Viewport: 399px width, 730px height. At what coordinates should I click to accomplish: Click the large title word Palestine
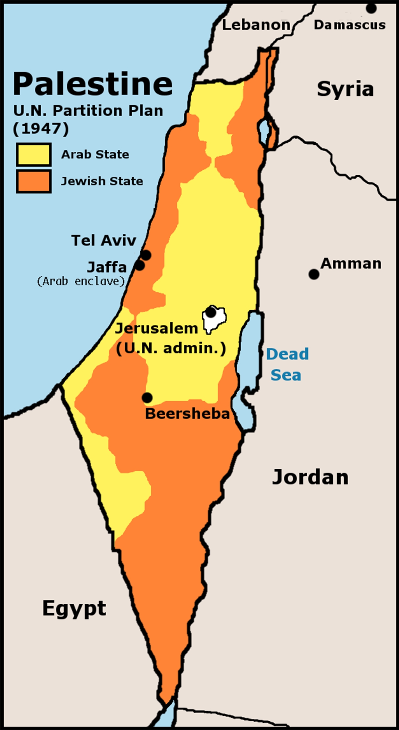tap(92, 84)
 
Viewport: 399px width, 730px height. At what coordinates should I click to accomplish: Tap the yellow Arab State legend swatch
tap(34, 154)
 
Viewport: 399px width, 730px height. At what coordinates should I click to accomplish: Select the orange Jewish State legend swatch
tap(34, 181)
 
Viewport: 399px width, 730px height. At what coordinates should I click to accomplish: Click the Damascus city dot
tap(371, 8)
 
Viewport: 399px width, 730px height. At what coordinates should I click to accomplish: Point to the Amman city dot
tap(314, 274)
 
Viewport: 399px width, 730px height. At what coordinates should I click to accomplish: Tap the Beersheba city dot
tap(147, 397)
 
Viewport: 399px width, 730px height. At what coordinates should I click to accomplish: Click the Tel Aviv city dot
tap(146, 255)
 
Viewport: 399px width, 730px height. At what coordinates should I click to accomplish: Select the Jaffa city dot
tap(140, 266)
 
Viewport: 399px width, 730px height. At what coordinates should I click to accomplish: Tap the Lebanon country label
tap(256, 25)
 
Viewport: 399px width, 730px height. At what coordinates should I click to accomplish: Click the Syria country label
tap(345, 90)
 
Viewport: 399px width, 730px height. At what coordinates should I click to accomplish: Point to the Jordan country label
tap(310, 477)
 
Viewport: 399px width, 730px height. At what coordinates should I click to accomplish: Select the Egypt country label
tap(74, 618)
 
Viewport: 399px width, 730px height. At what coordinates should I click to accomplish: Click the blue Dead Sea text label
tap(287, 364)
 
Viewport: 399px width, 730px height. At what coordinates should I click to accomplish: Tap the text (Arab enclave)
tap(81, 281)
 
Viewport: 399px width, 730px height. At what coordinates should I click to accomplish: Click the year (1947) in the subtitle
tap(41, 129)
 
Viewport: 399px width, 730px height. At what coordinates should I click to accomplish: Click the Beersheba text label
tap(187, 413)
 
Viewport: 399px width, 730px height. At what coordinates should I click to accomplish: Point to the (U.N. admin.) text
tap(171, 348)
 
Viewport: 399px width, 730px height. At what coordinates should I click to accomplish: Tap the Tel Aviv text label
tap(103, 240)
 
